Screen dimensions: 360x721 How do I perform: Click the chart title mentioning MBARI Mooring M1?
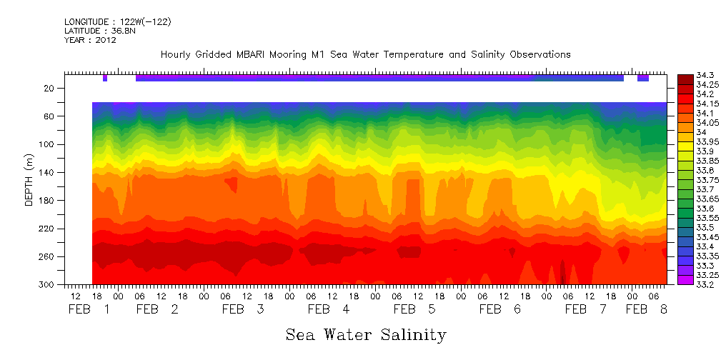tap(365, 54)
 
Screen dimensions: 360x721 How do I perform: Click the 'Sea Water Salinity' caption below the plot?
tap(366, 334)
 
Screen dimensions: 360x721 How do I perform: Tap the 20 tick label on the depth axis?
tap(50, 89)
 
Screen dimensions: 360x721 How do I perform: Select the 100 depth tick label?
tap(48, 145)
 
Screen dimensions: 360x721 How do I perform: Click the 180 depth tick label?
tap(48, 201)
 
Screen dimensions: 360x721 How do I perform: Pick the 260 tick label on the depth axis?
tap(48, 257)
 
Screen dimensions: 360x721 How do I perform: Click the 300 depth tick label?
tap(48, 285)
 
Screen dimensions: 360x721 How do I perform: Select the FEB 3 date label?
tap(243, 309)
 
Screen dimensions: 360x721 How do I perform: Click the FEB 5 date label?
tap(414, 309)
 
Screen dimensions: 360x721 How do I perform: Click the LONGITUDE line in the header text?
tap(117, 22)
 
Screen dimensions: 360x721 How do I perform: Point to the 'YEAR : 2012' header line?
tap(90, 40)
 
